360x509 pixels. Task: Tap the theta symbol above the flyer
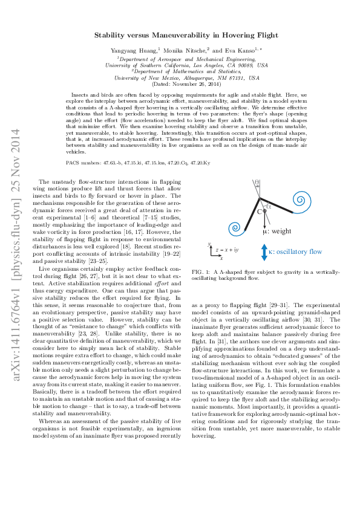point(257,182)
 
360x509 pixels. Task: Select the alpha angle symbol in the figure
point(269,206)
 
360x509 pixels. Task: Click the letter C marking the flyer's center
point(259,211)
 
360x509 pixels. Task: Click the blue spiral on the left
point(232,229)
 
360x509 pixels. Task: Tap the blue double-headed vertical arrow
point(264,251)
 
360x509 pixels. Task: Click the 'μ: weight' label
point(277,231)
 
